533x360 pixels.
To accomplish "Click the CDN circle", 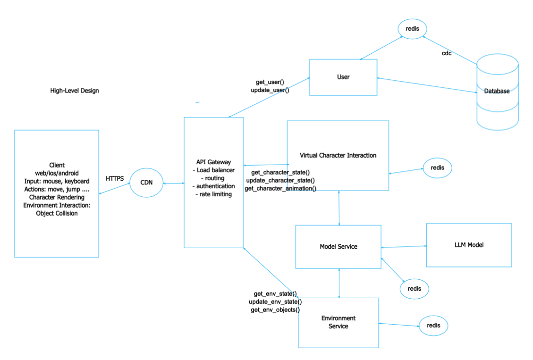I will point(146,183).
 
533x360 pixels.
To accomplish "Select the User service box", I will point(343,77).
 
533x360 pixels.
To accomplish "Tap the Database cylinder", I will point(497,92).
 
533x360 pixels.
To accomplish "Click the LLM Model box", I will point(469,245).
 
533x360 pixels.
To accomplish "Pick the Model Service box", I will point(338,246).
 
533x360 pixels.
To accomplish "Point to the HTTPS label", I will point(115,179).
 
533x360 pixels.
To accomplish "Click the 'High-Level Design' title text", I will point(75,91).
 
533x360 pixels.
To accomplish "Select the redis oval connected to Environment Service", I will point(433,326).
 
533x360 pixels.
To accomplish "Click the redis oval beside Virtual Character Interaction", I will point(437,167).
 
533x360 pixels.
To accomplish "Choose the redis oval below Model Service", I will point(414,288).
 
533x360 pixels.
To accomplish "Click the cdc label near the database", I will point(447,53).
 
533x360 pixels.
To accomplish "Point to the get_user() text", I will point(270,82).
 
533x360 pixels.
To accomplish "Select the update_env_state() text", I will point(275,301).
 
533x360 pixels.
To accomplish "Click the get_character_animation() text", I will point(280,188).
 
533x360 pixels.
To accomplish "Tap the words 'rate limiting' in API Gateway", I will point(213,194).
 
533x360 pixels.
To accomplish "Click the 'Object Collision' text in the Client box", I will point(57,213).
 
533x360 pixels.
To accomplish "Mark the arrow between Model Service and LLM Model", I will point(404,246).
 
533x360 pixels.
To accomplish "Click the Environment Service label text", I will point(338,322).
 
